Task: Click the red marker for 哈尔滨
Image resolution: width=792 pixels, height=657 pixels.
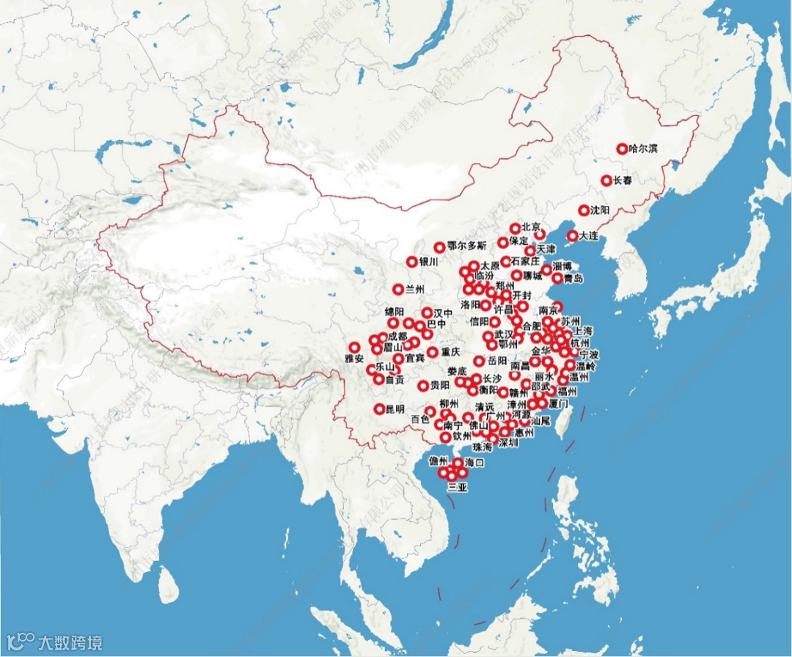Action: (x=623, y=149)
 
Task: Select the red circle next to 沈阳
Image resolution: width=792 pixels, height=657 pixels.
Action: (x=584, y=210)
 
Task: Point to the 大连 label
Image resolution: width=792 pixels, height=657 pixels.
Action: (x=589, y=236)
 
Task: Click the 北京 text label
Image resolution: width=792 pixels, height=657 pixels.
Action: (x=532, y=227)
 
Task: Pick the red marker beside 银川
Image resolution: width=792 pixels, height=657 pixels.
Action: (x=411, y=262)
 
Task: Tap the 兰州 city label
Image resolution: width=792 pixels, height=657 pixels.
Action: (x=415, y=290)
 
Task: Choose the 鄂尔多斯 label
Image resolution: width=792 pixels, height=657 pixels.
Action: (x=466, y=246)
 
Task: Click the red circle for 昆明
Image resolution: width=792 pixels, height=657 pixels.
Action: (x=379, y=409)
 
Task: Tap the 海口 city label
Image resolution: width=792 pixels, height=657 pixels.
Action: (x=475, y=463)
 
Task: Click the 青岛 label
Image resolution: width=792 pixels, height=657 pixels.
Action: (x=573, y=279)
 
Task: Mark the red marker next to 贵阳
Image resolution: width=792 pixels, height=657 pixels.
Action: (x=423, y=386)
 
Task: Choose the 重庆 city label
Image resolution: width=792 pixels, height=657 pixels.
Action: (x=450, y=352)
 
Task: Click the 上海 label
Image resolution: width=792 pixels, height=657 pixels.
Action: (x=584, y=331)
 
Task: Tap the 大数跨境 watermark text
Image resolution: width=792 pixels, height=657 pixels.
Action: (x=70, y=642)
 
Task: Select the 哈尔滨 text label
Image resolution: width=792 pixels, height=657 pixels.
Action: (x=644, y=149)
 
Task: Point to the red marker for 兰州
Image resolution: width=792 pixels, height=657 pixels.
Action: (x=398, y=290)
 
